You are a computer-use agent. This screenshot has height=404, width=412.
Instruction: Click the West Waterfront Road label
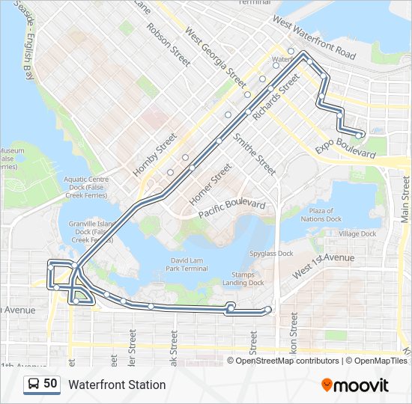click(x=314, y=39)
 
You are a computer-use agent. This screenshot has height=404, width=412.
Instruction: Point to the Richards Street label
click(x=276, y=102)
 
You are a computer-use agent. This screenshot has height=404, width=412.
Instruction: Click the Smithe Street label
click(x=255, y=154)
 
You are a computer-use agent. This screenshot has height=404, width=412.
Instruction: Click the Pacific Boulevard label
click(x=232, y=209)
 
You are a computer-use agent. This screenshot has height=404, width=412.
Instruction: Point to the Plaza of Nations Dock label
click(x=322, y=215)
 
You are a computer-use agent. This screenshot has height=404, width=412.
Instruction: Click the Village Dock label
click(x=357, y=234)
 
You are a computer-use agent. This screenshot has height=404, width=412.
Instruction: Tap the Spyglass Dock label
click(x=271, y=254)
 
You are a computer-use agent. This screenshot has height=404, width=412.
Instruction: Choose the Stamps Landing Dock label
click(x=243, y=278)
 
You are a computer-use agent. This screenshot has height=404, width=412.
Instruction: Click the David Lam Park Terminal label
click(x=185, y=263)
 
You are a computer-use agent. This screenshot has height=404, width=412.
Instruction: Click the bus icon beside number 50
click(x=33, y=384)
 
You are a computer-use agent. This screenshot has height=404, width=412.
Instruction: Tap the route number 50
click(x=50, y=384)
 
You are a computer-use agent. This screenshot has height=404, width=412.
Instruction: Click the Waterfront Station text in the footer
click(x=117, y=385)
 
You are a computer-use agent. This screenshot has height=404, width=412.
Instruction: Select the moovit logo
click(x=355, y=385)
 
